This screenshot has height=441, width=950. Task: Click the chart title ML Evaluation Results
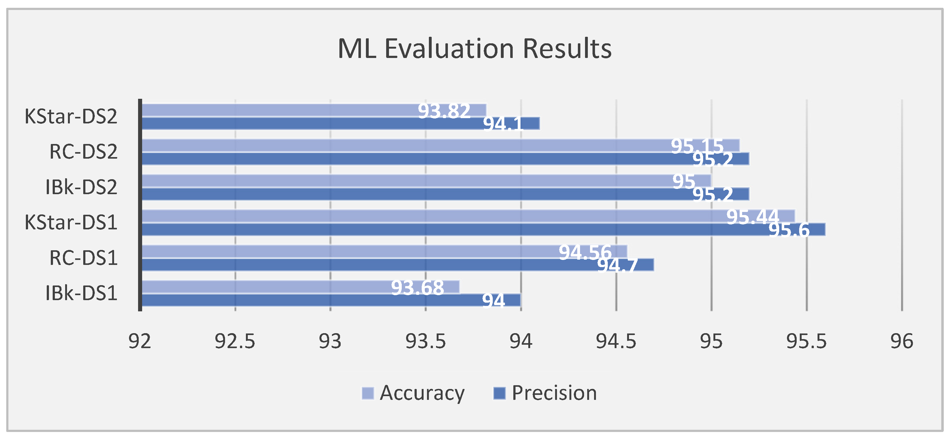475,49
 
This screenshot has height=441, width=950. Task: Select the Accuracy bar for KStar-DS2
314,110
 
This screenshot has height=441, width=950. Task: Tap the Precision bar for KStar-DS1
483,229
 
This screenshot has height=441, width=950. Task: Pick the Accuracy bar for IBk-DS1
300,286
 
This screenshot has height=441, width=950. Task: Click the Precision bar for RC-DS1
398,265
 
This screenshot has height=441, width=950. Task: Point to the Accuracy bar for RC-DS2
441,145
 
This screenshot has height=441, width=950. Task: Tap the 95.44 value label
753,217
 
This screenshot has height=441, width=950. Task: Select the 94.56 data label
585,252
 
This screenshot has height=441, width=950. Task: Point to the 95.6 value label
789,230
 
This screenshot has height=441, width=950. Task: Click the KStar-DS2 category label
71,117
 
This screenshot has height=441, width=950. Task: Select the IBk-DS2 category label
81,187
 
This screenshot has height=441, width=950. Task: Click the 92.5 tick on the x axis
235,342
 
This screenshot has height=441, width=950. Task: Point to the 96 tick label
902,342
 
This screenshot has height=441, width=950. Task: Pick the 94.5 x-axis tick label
616,342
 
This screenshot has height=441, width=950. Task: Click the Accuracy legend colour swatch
368,393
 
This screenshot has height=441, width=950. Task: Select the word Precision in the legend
554,393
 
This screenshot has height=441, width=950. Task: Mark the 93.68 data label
417,288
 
